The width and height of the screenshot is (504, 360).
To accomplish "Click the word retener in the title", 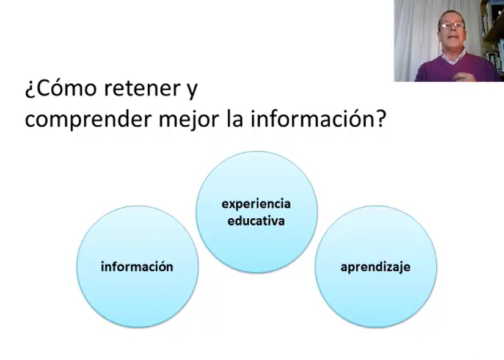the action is coord(142,88).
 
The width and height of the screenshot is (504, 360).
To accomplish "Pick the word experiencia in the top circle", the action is coord(256,204).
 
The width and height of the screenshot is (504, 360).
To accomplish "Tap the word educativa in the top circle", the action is coord(256,221).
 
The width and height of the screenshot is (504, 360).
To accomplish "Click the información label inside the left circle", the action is coord(137,266).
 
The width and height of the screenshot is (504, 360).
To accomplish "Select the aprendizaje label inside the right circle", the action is coord(376,267).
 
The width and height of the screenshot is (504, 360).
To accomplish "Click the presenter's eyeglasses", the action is coord(452,25).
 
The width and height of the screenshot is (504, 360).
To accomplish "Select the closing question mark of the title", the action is coord(380,118).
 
